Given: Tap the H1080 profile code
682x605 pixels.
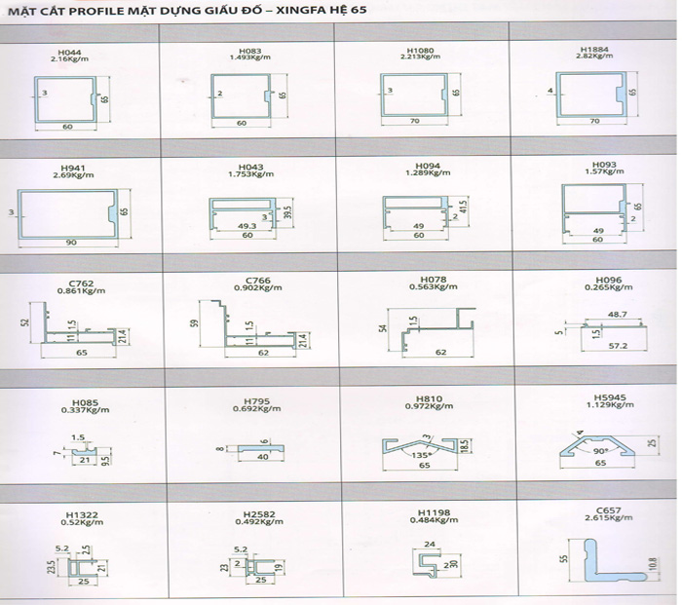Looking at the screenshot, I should [422, 49].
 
